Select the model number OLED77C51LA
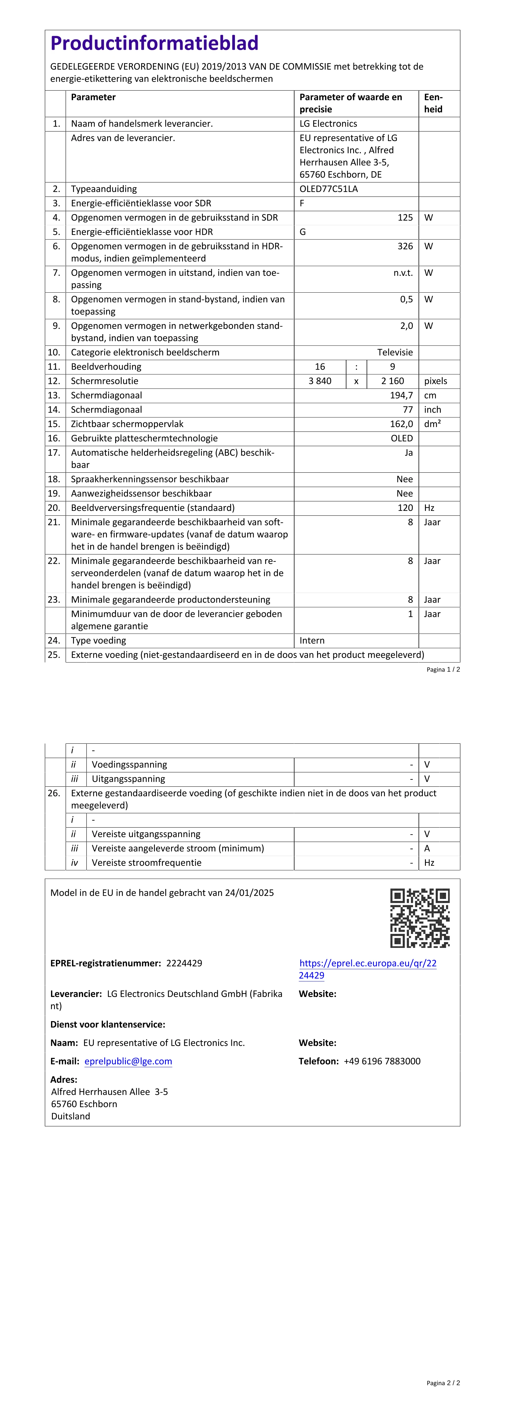coord(329,189)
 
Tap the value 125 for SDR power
coord(405,218)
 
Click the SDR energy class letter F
coord(302,203)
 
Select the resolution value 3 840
coord(320,381)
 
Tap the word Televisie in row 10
coord(395,352)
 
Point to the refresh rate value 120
coord(405,508)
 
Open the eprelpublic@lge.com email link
coord(128,1061)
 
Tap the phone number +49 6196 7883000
coord(382,1061)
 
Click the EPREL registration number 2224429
coord(184,963)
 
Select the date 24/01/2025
coord(250,893)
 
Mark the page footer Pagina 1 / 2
coord(443,670)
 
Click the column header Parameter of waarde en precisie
coord(351,103)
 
